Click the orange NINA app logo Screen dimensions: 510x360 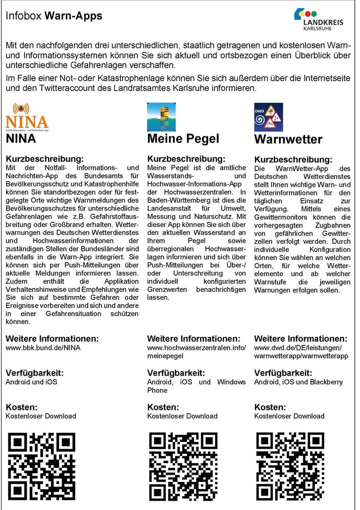[x=27, y=117]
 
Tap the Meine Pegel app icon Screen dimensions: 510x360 [x=161, y=117]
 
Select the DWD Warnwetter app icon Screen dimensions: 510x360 [x=268, y=117]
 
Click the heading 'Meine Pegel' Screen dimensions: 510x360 [x=183, y=139]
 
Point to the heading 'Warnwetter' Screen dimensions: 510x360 [x=288, y=140]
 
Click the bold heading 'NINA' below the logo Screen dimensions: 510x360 [x=21, y=139]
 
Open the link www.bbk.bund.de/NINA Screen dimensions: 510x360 [x=43, y=347]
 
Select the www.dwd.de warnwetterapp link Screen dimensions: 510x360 [x=301, y=352]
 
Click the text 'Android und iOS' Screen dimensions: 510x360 [x=31, y=382]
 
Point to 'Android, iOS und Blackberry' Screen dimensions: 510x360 [x=298, y=382]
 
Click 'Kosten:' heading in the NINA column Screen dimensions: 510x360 [x=21, y=407]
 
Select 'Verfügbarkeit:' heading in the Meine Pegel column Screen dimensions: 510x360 [x=176, y=373]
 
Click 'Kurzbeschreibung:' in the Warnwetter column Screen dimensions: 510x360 [x=293, y=159]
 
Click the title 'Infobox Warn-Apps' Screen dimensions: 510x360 [x=54, y=16]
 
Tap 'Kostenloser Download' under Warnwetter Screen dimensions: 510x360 [x=289, y=416]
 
